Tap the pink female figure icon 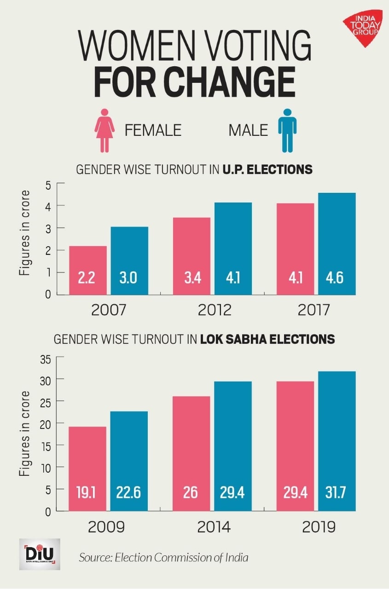105,130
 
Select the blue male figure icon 287,130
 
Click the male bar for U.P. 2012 233,248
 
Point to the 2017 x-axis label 314,310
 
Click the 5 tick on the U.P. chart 47,184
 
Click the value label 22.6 129,493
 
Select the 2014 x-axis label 215,527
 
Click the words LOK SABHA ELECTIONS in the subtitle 267,340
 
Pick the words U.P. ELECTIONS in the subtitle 267,170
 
